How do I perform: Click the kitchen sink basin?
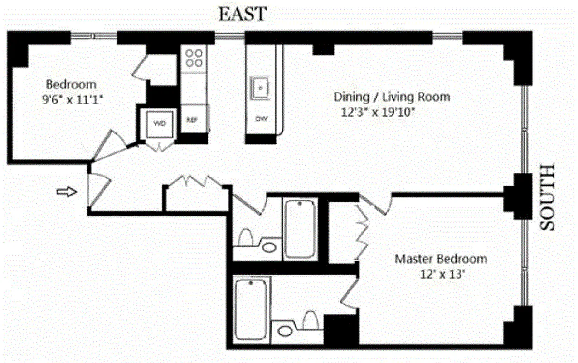click(260, 87)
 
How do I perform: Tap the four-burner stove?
click(194, 58)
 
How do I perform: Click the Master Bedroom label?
click(441, 259)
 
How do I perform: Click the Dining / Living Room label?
click(392, 97)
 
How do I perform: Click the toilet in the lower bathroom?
click(310, 319)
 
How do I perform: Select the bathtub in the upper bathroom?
click(300, 229)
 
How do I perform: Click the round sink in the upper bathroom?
click(270, 247)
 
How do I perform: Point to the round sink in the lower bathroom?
click(285, 330)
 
